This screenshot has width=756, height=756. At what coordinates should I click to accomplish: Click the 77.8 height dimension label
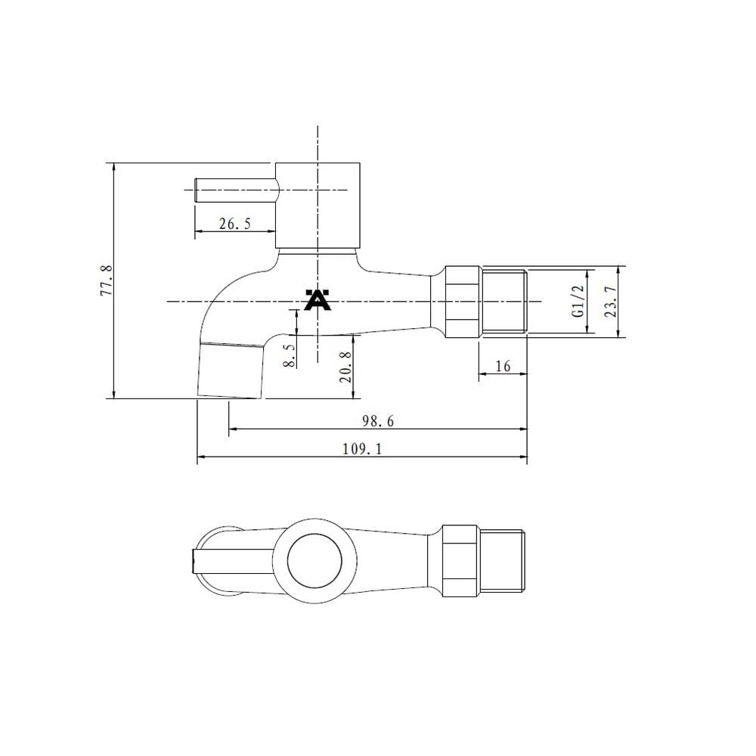107,280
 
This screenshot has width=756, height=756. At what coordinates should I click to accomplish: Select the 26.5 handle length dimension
235,224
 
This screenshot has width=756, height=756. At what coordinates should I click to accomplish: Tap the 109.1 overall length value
362,449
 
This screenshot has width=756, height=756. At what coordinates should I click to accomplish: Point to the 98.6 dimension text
378,421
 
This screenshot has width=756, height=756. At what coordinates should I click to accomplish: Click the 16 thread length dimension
503,367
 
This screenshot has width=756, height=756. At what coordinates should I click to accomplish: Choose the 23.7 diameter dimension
610,302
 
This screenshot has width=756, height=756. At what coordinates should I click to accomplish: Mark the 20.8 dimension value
345,367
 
